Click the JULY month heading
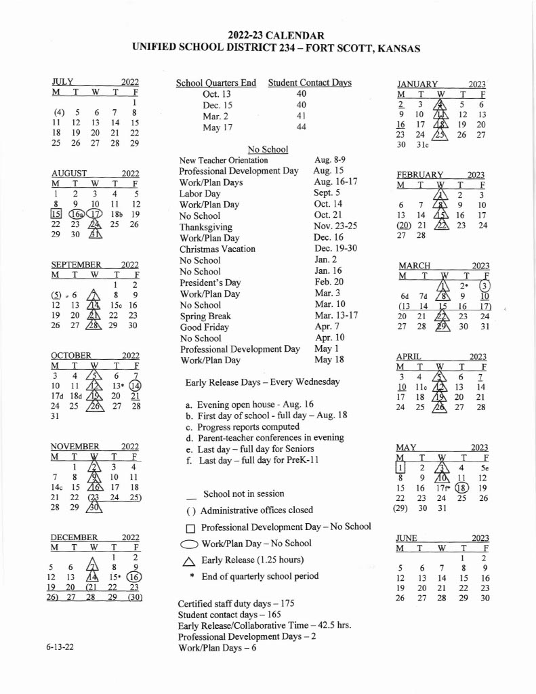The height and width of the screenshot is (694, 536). click(62, 82)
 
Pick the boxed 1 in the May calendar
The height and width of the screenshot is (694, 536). click(400, 468)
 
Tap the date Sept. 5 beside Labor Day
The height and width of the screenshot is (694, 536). click(327, 193)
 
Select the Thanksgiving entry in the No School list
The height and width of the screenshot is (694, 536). click(205, 227)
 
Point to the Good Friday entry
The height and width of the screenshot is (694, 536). click(203, 327)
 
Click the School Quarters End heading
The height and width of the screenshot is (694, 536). click(216, 83)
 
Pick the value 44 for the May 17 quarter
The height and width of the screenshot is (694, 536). click(302, 127)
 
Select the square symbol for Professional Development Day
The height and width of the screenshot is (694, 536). click(190, 528)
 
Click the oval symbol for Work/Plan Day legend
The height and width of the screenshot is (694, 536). click(190, 544)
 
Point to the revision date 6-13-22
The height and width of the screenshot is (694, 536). click(60, 648)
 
